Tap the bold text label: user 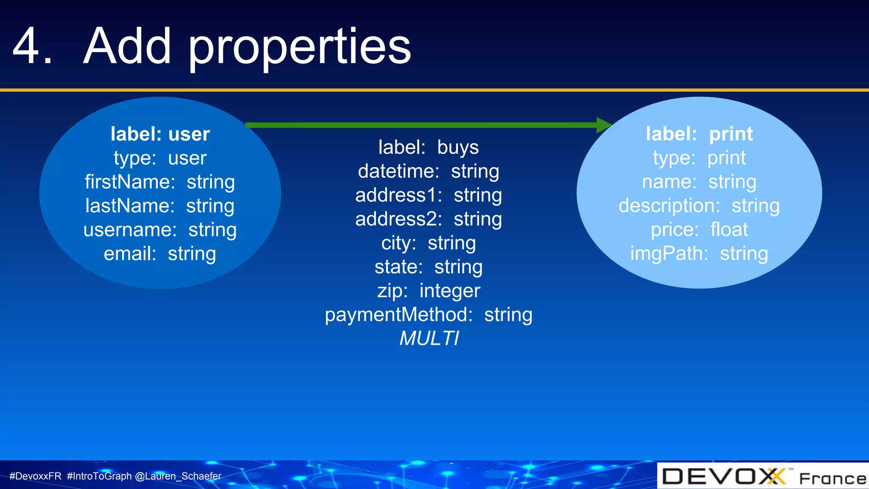tap(160, 134)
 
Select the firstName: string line tap(160, 182)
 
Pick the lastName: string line tap(160, 206)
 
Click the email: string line tap(160, 254)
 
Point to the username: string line tap(160, 230)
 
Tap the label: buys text tap(428, 147)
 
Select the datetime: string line tap(428, 171)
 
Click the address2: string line tap(428, 219)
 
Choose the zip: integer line tap(428, 291)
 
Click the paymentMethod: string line tap(428, 315)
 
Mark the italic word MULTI tap(429, 339)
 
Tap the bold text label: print tap(699, 134)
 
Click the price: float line tap(699, 230)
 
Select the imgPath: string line tap(699, 254)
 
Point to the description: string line tap(699, 206)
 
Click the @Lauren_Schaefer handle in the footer tap(178, 476)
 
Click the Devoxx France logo tap(763, 476)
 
